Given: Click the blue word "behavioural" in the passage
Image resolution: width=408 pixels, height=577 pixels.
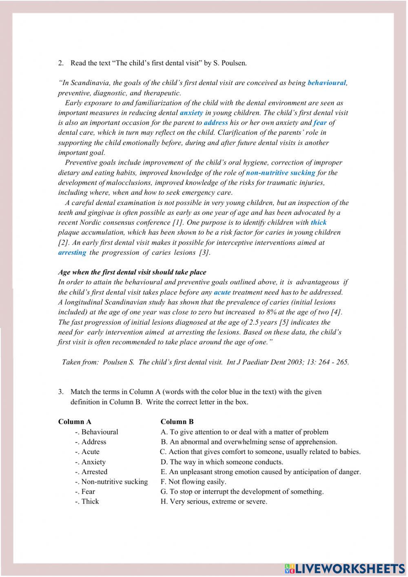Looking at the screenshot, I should click(x=326, y=83).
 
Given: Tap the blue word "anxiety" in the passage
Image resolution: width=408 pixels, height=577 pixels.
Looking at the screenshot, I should click(x=191, y=113).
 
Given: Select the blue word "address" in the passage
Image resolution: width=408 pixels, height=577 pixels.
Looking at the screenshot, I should click(x=215, y=123).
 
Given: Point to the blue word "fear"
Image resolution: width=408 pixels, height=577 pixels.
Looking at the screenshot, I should click(x=320, y=123).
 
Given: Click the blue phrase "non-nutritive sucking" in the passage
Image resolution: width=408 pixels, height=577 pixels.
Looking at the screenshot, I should click(x=280, y=173).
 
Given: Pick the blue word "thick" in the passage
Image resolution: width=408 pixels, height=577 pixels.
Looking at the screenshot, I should click(x=318, y=223).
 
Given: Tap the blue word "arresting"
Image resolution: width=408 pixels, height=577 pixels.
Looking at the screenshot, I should click(x=72, y=252).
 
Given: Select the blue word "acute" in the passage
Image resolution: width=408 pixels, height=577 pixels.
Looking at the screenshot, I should click(x=222, y=292).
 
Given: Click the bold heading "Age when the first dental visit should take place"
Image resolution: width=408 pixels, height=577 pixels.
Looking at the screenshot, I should click(x=132, y=272).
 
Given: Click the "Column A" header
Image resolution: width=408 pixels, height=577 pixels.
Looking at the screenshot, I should click(x=75, y=422).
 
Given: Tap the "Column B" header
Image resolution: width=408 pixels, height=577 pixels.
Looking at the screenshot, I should click(x=177, y=422).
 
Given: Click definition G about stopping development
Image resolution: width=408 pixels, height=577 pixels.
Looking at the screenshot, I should click(x=242, y=492).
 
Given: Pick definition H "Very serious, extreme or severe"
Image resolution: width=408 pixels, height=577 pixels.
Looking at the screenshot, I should click(x=214, y=501).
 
